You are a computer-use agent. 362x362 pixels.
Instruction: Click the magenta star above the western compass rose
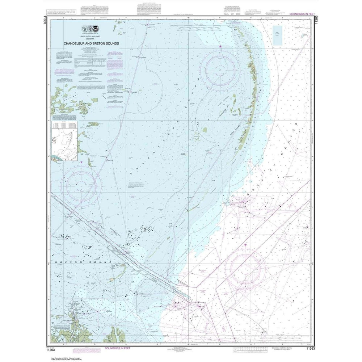(81, 162)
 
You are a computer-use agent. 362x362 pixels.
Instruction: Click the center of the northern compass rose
(220, 69)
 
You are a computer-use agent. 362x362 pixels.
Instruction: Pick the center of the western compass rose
(81, 184)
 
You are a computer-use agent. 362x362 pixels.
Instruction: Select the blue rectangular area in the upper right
(277, 35)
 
